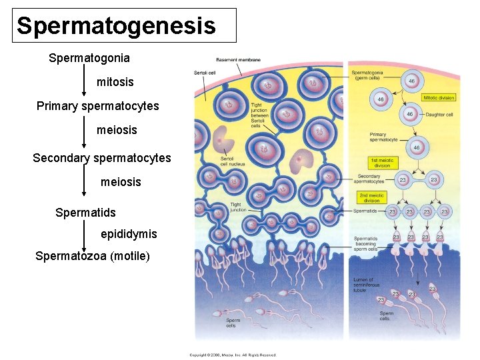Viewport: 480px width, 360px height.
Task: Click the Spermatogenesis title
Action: [x=117, y=26]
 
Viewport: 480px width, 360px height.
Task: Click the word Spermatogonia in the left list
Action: [x=89, y=58]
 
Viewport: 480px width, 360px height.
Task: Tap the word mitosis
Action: [x=115, y=82]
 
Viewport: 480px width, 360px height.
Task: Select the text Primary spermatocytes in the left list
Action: [x=98, y=106]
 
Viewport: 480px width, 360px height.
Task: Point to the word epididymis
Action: [x=129, y=234]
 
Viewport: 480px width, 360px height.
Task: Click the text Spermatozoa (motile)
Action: [x=93, y=256]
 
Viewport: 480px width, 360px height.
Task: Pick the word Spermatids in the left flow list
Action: [x=85, y=213]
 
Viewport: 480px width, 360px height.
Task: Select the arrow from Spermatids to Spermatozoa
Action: [x=84, y=234]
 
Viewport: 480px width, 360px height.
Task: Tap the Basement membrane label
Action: [x=238, y=60]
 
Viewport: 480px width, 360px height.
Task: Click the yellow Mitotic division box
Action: [x=439, y=98]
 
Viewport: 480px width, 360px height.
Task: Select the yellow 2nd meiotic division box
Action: [x=372, y=198]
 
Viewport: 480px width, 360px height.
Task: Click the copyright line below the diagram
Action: [x=233, y=355]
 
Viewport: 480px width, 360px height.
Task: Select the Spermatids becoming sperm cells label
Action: [x=366, y=244]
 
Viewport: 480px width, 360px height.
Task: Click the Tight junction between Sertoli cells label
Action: [x=261, y=115]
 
